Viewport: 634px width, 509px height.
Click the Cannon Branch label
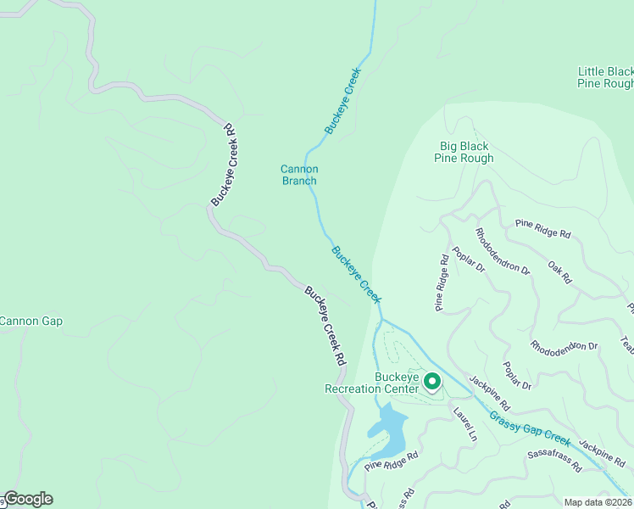coord(299,175)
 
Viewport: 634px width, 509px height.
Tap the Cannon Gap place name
coord(31,322)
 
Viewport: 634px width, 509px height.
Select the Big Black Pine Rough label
coord(464,153)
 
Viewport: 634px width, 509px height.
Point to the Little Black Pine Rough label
coord(604,78)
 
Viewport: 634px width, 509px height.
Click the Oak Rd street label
coord(559,272)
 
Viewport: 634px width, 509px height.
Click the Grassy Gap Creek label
coord(530,427)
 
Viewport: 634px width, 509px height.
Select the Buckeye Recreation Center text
coord(371,383)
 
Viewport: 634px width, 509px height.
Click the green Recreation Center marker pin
coord(431,383)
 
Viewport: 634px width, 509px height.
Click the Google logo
coord(28,499)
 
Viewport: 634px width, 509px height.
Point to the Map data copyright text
coord(598,502)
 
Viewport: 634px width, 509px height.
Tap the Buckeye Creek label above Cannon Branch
coord(343,101)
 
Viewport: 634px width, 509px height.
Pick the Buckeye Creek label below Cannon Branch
coord(356,274)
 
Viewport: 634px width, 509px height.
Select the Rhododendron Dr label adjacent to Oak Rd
coord(502,253)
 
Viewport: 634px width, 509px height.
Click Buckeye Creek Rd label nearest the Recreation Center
coord(326,325)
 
